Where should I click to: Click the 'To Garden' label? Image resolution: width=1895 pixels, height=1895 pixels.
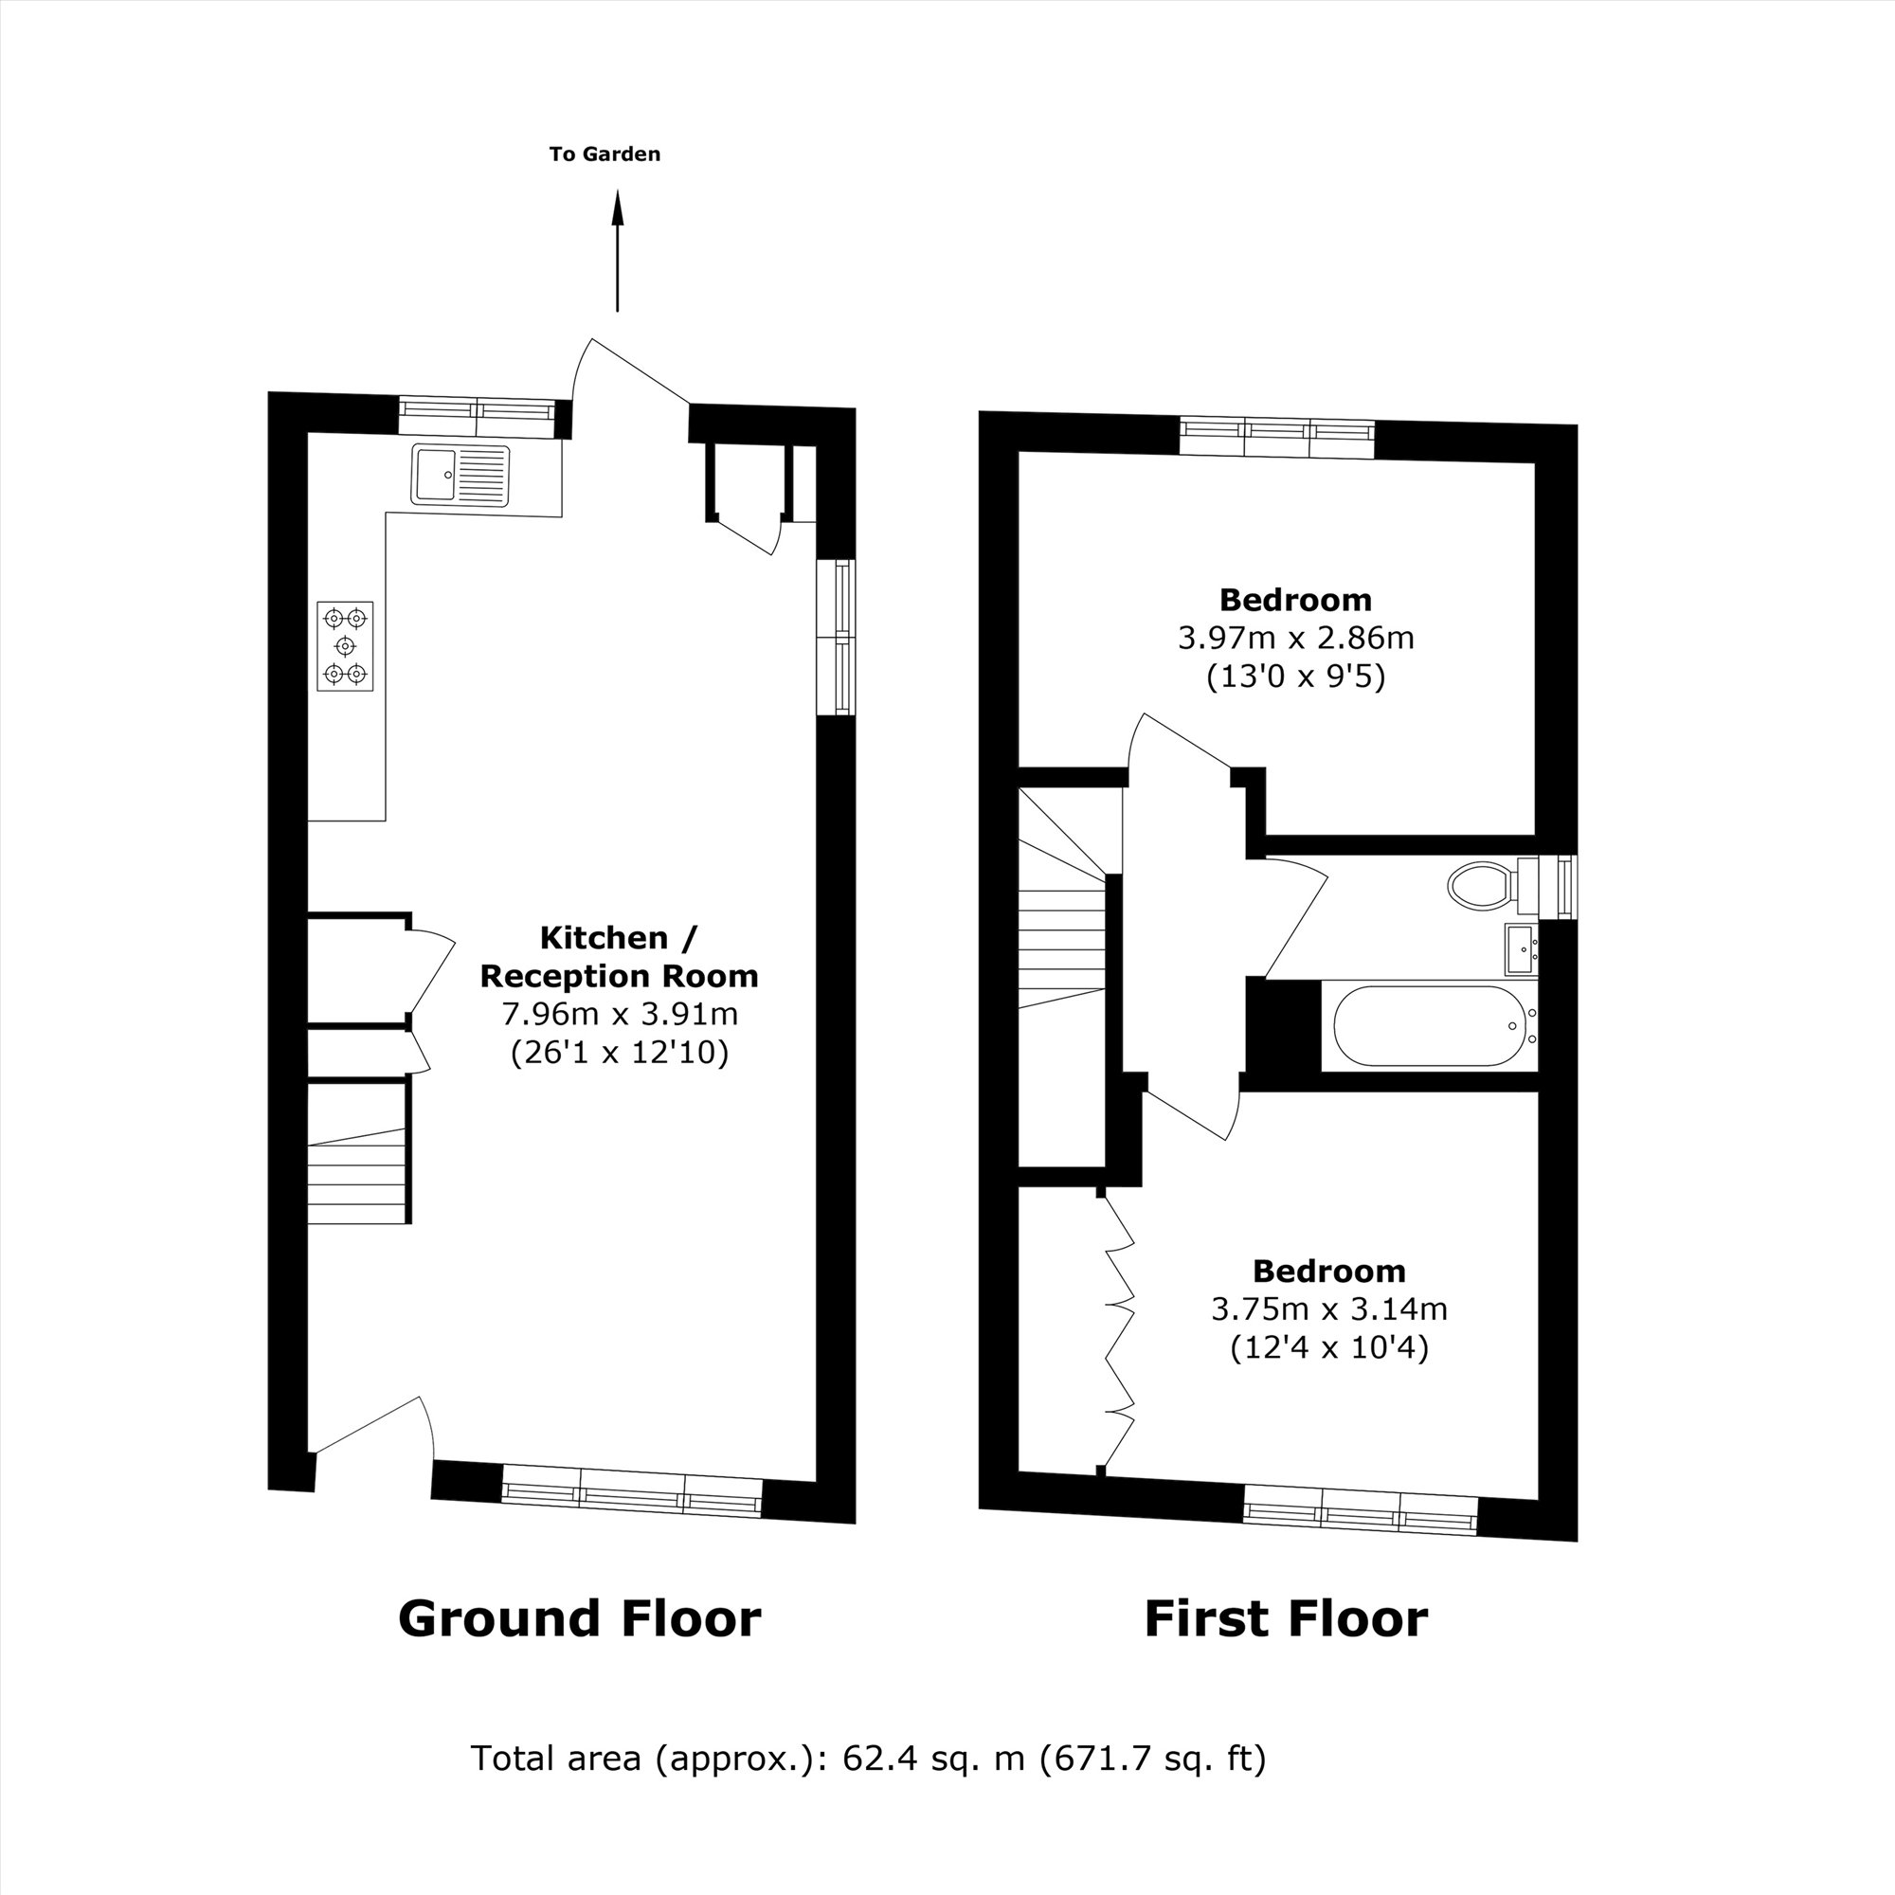(x=605, y=154)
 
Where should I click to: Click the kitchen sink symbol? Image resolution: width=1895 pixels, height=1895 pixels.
(x=461, y=475)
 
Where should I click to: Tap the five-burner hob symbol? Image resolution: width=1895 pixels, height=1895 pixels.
(x=345, y=645)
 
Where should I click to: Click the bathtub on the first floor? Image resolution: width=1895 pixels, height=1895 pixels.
(x=1427, y=1027)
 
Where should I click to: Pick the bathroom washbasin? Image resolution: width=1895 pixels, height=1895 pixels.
(x=1521, y=948)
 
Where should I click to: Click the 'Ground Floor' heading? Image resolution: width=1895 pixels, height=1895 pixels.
(x=579, y=1618)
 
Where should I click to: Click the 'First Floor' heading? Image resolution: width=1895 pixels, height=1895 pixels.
(x=1285, y=1618)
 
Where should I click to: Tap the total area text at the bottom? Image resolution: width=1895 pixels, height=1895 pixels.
(x=868, y=1759)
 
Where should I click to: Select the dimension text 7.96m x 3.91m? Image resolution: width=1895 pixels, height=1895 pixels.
(x=619, y=1013)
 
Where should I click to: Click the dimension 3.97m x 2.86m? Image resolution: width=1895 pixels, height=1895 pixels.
(x=1294, y=639)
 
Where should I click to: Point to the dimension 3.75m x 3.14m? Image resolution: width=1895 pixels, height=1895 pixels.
(x=1329, y=1309)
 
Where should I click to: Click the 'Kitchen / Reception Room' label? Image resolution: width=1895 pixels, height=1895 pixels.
(x=619, y=956)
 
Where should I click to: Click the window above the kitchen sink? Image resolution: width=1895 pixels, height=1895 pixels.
(x=477, y=418)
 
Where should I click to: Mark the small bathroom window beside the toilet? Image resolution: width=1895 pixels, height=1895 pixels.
(x=1565, y=887)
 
